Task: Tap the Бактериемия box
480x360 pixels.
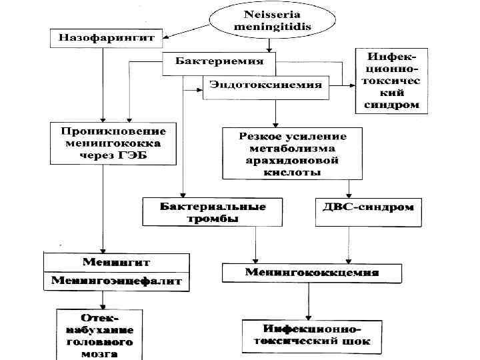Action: point(219,62)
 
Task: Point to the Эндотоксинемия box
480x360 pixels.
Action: point(265,85)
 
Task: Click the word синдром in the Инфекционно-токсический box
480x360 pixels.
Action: point(391,105)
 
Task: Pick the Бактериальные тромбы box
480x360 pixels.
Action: point(203,212)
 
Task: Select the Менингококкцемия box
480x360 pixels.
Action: point(312,273)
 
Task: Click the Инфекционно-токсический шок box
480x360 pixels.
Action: point(312,336)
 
